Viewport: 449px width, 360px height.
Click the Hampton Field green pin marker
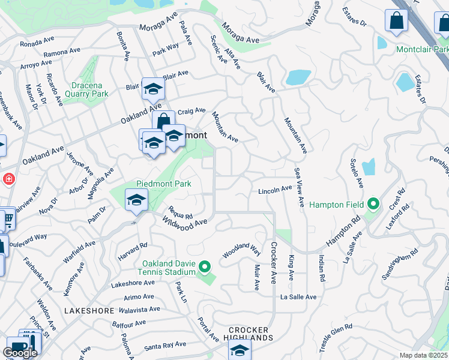373,205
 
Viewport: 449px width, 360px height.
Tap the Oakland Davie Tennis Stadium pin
205,266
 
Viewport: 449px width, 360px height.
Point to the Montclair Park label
422,49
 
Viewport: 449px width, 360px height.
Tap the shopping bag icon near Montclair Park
397,21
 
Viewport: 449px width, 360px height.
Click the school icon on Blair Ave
153,89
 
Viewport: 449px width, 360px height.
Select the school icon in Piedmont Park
137,200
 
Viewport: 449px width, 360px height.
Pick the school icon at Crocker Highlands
240,350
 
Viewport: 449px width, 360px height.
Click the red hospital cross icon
9,179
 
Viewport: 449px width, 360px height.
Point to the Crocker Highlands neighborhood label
252,334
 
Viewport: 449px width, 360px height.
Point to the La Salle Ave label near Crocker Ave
298,297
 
